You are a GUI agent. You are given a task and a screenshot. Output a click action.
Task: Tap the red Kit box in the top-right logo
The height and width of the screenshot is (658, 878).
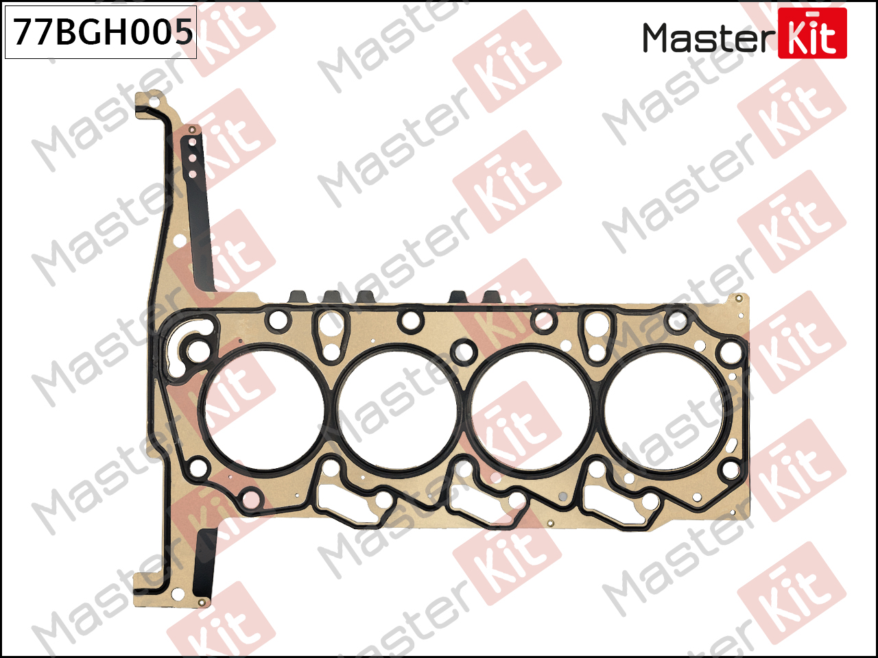(x=812, y=33)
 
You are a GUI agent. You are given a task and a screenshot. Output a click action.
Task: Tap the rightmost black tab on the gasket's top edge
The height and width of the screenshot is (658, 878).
(x=493, y=297)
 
